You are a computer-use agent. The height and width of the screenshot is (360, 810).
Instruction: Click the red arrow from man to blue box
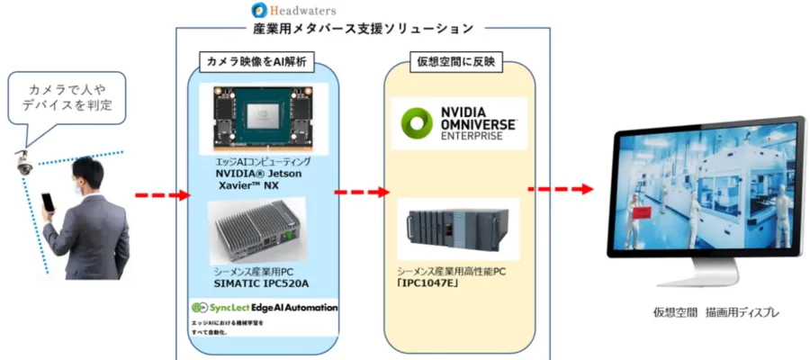(x=162, y=194)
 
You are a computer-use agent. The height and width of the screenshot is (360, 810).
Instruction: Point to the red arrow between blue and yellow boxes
(x=361, y=192)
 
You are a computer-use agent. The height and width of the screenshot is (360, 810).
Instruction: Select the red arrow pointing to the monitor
(x=560, y=189)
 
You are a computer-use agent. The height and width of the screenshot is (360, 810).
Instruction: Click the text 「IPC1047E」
(x=429, y=283)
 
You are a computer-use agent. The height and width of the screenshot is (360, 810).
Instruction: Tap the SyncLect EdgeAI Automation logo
(x=265, y=307)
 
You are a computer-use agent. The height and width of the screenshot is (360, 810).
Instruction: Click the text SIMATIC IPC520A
(x=261, y=283)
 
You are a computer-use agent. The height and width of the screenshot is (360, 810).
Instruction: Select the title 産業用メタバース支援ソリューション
(x=364, y=29)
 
